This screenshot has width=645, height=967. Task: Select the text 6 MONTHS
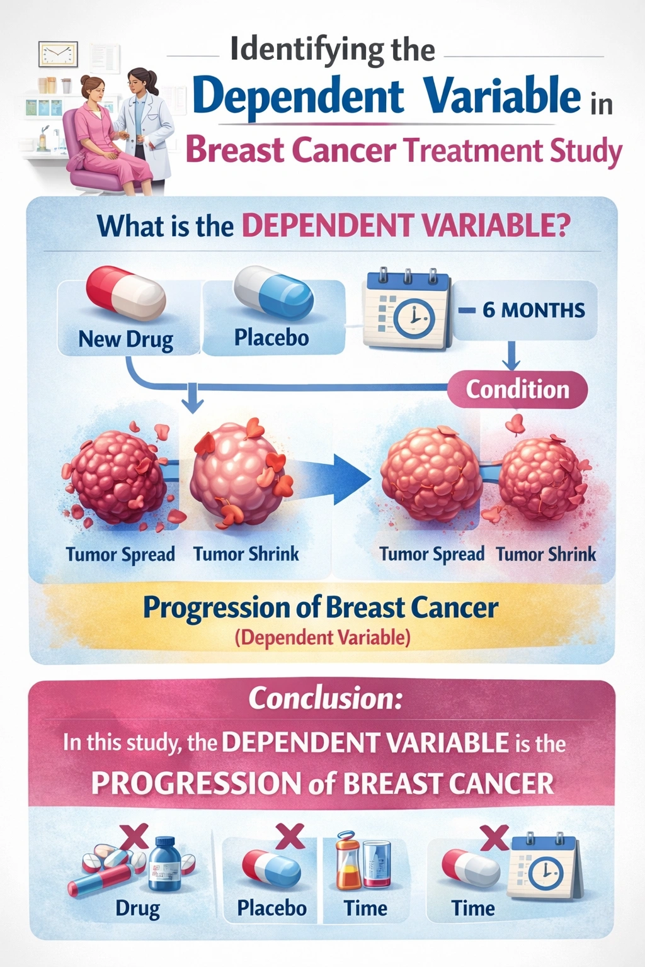(x=534, y=310)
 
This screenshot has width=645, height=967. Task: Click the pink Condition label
(x=517, y=390)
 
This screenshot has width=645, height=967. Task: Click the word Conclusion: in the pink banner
(x=325, y=698)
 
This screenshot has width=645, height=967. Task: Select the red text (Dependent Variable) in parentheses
(x=322, y=637)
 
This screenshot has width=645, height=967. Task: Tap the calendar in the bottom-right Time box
(x=544, y=868)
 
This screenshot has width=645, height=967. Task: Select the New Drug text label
(x=125, y=339)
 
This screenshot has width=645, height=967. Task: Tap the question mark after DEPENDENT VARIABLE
(x=562, y=225)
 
